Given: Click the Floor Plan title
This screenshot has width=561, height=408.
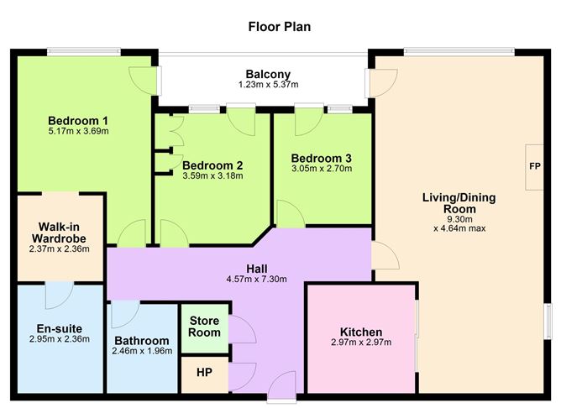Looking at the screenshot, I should pos(280,27).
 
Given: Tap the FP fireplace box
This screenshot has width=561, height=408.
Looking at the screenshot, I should pos(534,166).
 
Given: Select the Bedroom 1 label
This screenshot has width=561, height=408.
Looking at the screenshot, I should pos(78,118).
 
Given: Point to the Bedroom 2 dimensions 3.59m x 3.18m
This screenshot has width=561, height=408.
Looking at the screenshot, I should pos(212,176).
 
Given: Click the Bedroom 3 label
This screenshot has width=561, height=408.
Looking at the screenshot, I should pos(322,158).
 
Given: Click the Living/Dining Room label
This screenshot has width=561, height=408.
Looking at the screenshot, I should pos(459,204).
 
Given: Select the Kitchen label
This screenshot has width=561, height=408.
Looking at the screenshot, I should pos(361,332).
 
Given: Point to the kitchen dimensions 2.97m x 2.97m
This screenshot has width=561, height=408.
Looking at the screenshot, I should pos(361,343).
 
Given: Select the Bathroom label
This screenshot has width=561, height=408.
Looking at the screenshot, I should pos(141,340).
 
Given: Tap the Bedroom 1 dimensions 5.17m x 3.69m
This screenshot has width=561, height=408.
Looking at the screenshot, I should pos(78,131).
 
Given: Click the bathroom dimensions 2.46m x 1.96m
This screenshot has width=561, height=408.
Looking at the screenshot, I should pos(141,351).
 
